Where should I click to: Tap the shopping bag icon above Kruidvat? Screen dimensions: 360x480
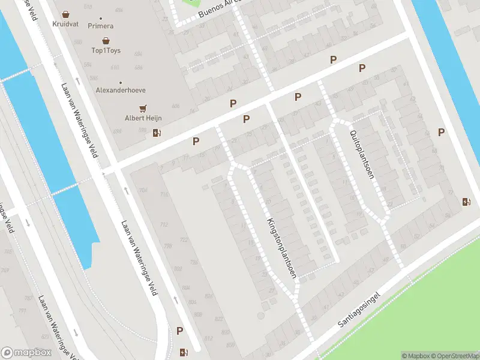[x=65, y=14]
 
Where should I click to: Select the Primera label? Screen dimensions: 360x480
[x=100, y=26]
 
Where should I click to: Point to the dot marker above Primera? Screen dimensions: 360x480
[x=100, y=18]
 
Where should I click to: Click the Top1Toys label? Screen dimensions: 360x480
[x=106, y=50]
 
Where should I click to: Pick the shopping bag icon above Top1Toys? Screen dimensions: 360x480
[x=106, y=41]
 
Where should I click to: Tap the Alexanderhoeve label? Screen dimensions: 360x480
[x=121, y=90]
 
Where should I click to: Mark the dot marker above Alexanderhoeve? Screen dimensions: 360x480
[x=121, y=82]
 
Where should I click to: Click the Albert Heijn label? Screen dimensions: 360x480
[x=143, y=118]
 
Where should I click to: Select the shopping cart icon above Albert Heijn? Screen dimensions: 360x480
[x=143, y=109]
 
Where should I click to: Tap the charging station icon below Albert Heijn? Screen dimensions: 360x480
[x=157, y=133]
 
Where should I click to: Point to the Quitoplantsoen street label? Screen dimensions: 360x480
[x=362, y=153]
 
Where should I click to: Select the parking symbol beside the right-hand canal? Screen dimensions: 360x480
[x=442, y=133]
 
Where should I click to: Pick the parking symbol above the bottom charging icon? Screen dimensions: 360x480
[x=179, y=331]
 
